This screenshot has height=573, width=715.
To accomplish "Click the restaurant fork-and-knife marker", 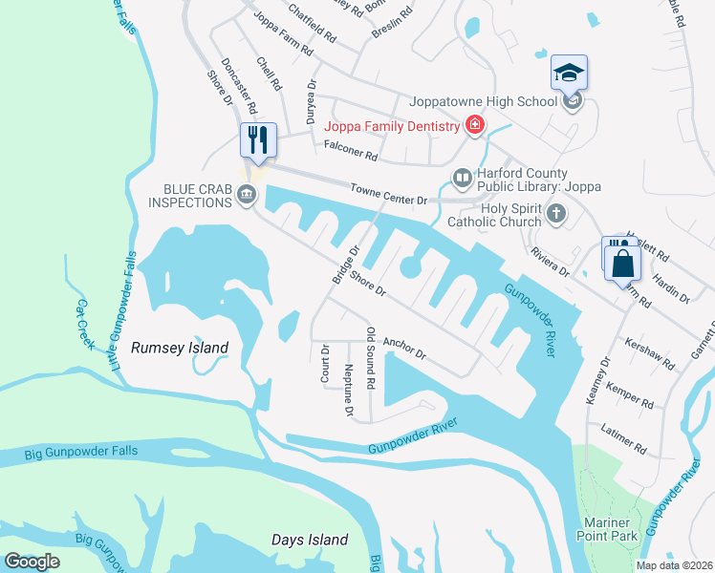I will pos(257,140).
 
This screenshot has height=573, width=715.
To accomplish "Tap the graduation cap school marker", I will pos(569,73).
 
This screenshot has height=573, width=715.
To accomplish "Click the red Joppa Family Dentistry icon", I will pos(473,126).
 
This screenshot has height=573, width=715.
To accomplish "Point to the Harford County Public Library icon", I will pos(462,179).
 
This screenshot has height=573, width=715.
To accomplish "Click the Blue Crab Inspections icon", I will pos(246,197).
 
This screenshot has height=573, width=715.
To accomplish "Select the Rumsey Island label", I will pos(180,349).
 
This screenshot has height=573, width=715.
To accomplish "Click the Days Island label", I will pos(309,540).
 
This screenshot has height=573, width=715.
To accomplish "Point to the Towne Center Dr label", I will pos(387,194).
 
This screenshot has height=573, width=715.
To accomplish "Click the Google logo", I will pos(32,562).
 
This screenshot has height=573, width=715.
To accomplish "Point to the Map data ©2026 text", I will pos(673,565).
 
